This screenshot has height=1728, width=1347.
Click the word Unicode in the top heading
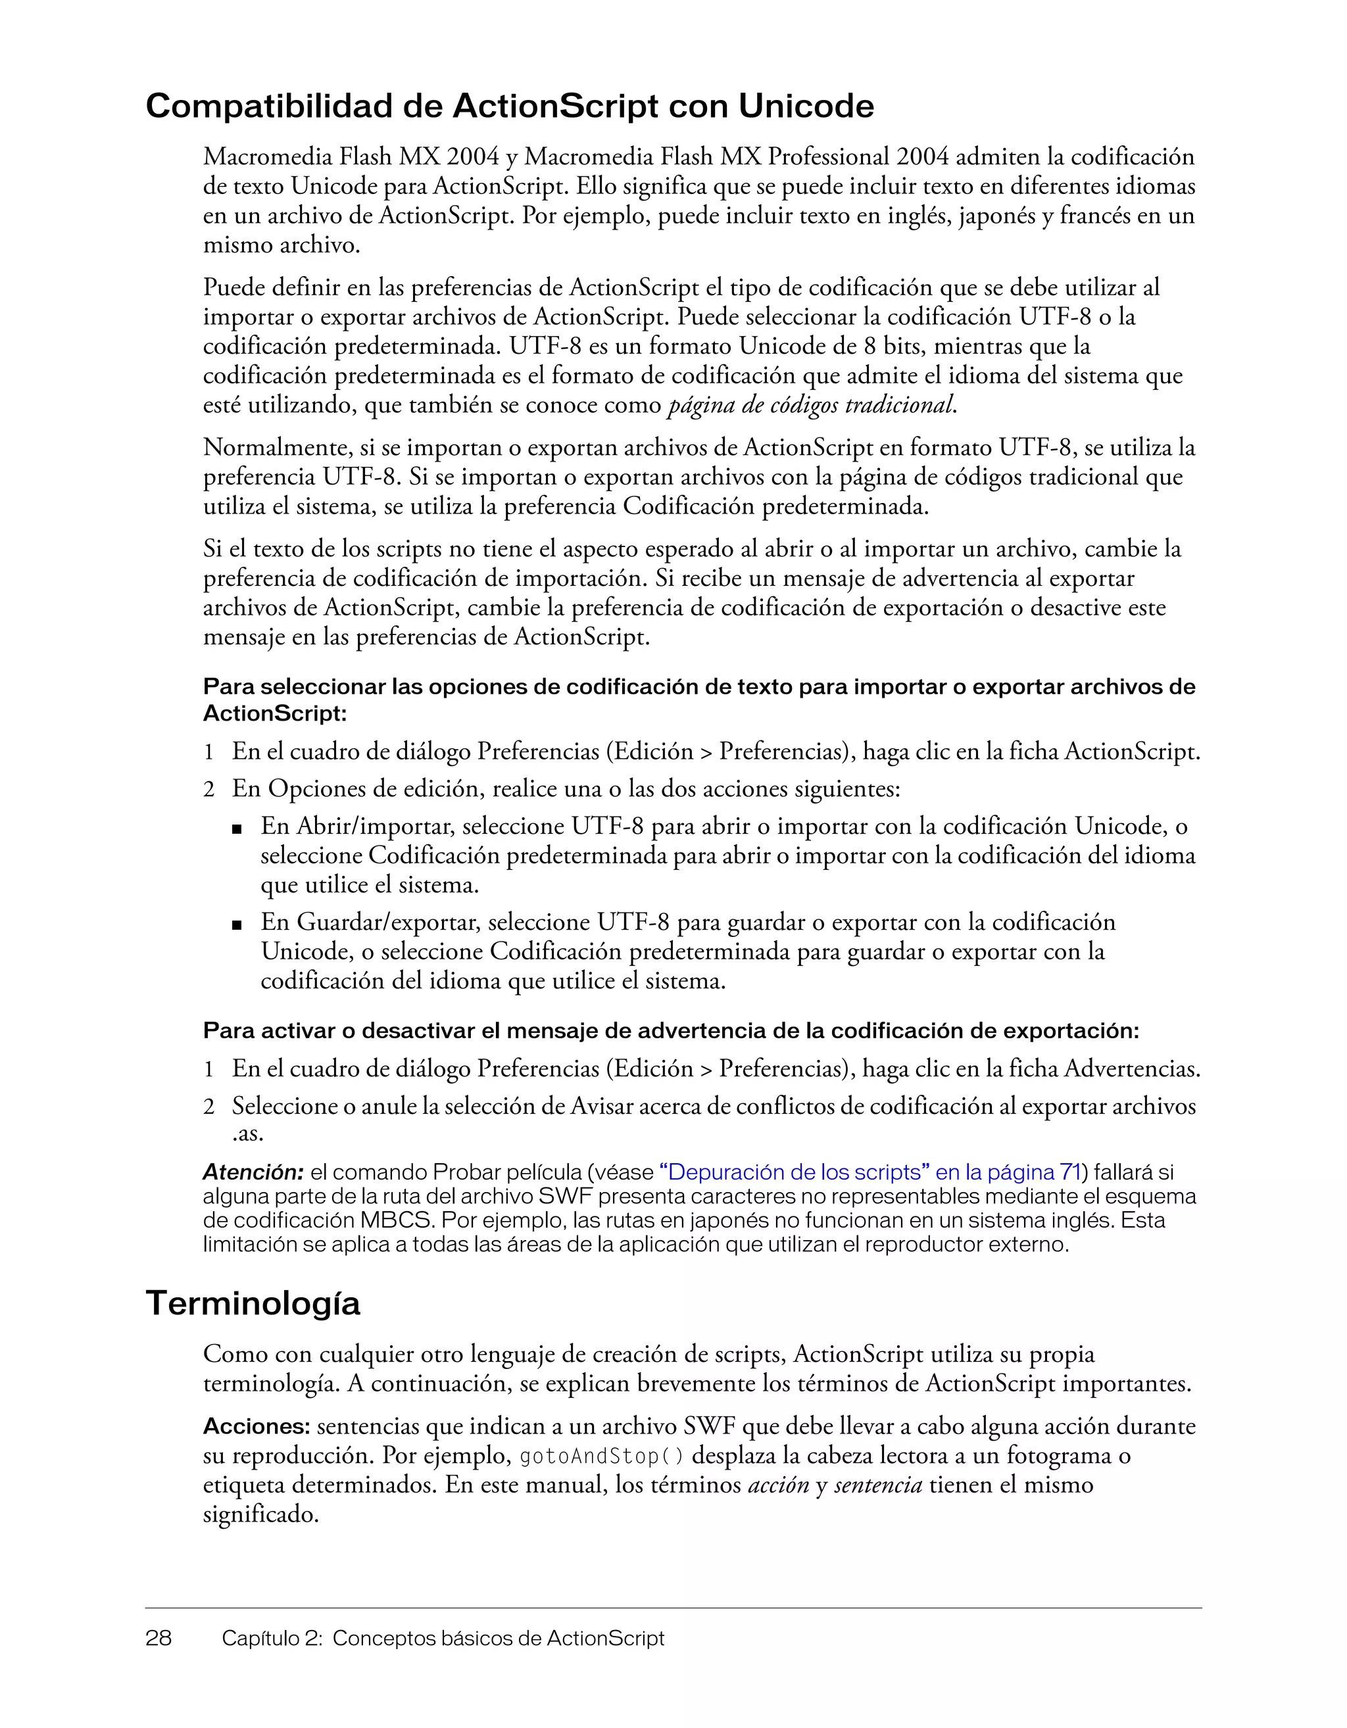point(806,107)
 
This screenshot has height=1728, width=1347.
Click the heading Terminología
point(253,1303)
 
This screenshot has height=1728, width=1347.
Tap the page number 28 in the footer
point(159,1638)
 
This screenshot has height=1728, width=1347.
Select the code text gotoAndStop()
point(602,1456)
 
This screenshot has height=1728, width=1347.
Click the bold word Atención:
point(253,1172)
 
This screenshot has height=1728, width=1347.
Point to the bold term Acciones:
point(257,1427)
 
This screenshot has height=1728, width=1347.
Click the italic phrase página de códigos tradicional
point(810,405)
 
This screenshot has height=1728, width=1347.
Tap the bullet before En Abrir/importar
point(236,829)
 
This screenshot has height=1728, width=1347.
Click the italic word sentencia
point(877,1485)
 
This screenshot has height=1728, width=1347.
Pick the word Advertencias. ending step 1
point(1132,1069)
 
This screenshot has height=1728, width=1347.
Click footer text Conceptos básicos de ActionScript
point(498,1638)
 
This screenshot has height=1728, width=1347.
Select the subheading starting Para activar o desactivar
point(671,1031)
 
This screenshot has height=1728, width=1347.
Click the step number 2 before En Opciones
point(209,789)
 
